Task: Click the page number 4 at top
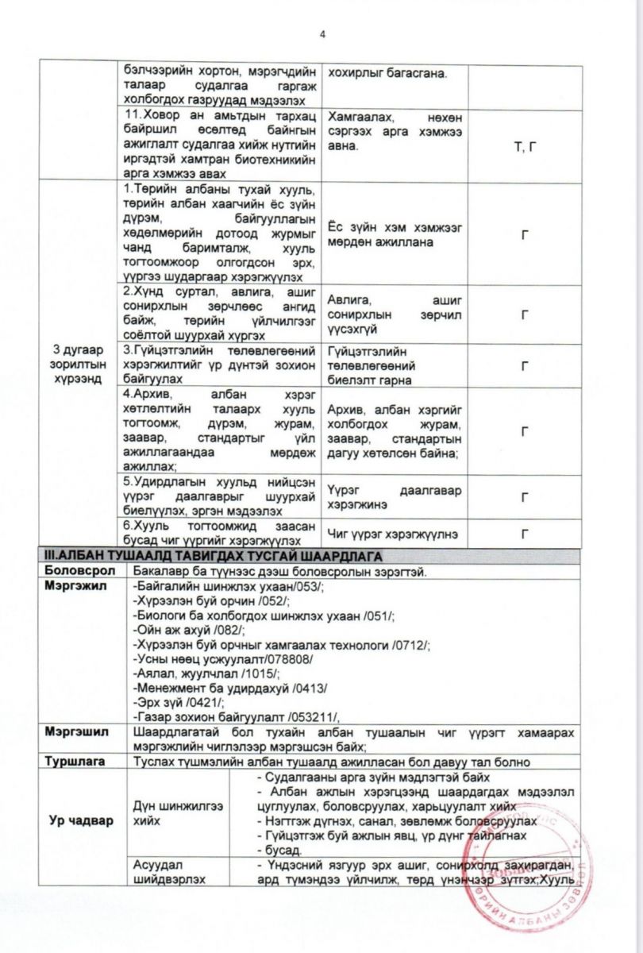tap(322, 34)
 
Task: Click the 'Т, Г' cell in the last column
tap(525, 147)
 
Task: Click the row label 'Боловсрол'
tap(80, 570)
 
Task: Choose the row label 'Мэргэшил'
tap(79, 731)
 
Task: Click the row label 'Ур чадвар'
tap(77, 820)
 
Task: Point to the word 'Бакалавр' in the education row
tap(162, 570)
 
